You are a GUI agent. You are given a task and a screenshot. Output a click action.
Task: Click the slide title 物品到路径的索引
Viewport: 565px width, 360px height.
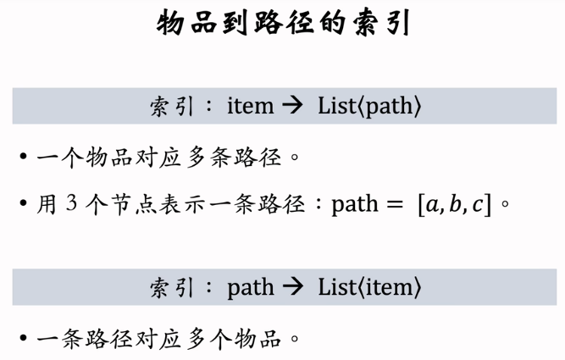point(283,22)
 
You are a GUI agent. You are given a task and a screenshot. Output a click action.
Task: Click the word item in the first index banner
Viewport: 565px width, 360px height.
point(251,106)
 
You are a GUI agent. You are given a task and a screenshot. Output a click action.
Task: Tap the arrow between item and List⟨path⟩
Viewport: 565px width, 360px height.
point(292,106)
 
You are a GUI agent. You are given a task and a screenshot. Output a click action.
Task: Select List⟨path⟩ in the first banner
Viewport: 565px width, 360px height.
point(369,107)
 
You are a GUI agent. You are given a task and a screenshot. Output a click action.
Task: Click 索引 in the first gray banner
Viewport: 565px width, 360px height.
point(172,107)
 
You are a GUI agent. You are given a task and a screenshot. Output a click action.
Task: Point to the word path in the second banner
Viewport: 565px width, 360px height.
point(251,288)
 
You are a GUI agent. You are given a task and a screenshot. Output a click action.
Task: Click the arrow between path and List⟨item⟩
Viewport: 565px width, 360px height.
point(292,287)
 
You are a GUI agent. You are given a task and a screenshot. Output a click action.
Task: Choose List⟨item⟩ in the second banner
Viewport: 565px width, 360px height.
point(369,287)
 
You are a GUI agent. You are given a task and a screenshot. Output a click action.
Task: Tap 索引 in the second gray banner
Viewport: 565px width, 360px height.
point(172,287)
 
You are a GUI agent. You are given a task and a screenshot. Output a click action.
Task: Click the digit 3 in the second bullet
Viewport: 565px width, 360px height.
point(71,202)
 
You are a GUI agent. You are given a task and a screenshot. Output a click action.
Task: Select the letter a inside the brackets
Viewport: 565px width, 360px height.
point(432,205)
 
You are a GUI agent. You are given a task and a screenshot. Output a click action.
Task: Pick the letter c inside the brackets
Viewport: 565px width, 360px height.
point(478,205)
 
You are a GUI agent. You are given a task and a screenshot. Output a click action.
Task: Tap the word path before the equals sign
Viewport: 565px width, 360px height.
point(355,205)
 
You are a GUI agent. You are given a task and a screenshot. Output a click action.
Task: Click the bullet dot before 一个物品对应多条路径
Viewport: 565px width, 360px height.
point(24,157)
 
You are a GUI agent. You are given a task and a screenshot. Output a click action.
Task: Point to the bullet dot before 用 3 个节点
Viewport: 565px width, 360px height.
point(24,203)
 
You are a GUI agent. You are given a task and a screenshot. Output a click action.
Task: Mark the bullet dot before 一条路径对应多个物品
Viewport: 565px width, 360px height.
point(24,338)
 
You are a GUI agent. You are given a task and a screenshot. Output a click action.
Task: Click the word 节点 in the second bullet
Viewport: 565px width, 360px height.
point(123,204)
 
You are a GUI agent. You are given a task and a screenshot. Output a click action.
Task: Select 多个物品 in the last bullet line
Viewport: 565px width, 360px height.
point(234,339)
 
